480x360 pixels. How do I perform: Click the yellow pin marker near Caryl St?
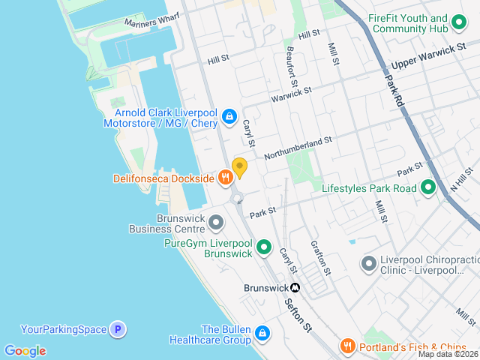click(x=239, y=167)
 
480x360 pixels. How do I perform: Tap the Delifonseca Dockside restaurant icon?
click(x=225, y=178)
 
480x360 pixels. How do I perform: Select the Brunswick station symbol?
click(x=295, y=287)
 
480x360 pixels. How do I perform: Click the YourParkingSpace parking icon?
click(x=116, y=328)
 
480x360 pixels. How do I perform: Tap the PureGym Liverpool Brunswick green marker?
click(x=264, y=247)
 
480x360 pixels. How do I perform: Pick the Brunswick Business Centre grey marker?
click(x=216, y=223)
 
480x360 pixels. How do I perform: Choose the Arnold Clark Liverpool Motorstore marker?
click(x=229, y=116)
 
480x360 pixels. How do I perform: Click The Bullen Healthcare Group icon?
click(x=262, y=333)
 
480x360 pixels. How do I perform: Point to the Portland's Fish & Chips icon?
click(x=346, y=345)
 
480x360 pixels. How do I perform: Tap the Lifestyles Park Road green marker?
click(x=428, y=187)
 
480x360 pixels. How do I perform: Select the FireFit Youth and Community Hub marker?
click(x=460, y=23)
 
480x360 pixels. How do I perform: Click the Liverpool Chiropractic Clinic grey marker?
click(x=368, y=263)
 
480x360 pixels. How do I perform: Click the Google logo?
click(x=25, y=351)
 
